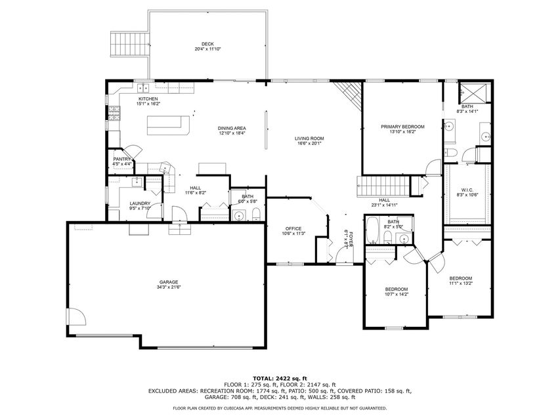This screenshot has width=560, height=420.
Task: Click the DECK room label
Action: coord(207,44)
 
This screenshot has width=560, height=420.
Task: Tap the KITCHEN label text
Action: coord(148,99)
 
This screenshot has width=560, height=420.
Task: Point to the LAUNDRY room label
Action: coord(140,203)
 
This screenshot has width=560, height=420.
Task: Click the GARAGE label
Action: coord(169,282)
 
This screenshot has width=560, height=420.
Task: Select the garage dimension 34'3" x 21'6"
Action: coord(169,287)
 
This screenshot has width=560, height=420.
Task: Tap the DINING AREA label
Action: coord(232,129)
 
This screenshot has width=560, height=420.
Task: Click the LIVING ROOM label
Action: coord(309,138)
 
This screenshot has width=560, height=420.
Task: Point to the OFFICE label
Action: coord(293,228)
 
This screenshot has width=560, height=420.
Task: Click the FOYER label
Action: coord(351,239)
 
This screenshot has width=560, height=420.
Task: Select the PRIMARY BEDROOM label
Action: coord(402,126)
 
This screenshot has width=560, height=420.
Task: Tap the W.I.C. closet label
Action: coord(467,190)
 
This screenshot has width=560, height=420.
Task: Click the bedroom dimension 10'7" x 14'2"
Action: coord(396,295)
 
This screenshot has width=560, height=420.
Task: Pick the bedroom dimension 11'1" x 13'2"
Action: coord(460,283)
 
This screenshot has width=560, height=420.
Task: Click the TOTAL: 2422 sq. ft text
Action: coord(280,379)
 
